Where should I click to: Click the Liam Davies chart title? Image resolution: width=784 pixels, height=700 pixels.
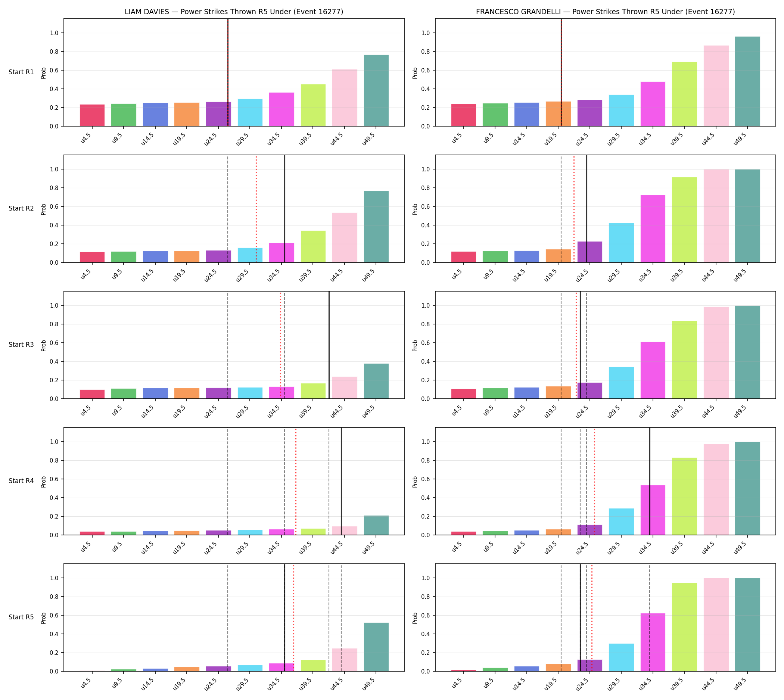coord(234,12)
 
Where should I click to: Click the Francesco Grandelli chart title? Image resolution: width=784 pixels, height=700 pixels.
coord(605,12)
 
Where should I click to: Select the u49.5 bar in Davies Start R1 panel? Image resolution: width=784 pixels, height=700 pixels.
coord(376,90)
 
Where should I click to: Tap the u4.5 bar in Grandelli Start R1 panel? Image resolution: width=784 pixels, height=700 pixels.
coord(463,115)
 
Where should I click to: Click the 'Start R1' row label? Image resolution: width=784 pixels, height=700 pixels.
coord(21,72)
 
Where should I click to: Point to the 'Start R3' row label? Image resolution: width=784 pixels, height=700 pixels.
coord(21,345)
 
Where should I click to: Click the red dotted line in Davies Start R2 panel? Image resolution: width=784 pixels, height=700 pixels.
coord(256,209)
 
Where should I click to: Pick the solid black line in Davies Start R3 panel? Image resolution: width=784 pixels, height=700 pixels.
coord(329,345)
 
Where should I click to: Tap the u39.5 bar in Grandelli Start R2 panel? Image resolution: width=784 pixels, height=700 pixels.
coord(684,220)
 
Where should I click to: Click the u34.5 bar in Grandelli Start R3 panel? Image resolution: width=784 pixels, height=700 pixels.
coord(653,370)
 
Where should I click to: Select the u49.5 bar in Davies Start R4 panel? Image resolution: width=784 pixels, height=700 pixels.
coord(376,525)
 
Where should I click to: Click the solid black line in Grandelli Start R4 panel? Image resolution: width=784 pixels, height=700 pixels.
coord(650,481)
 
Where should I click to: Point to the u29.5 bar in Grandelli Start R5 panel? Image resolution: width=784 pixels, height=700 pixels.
coord(621,657)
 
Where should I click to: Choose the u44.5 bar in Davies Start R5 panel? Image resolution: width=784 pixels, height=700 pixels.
coord(345,660)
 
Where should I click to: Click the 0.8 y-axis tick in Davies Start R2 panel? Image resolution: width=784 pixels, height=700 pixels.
coord(54,188)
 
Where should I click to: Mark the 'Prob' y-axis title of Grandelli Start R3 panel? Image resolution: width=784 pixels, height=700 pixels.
coord(415,345)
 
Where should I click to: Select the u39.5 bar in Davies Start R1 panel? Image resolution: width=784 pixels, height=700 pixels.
coord(313,105)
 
